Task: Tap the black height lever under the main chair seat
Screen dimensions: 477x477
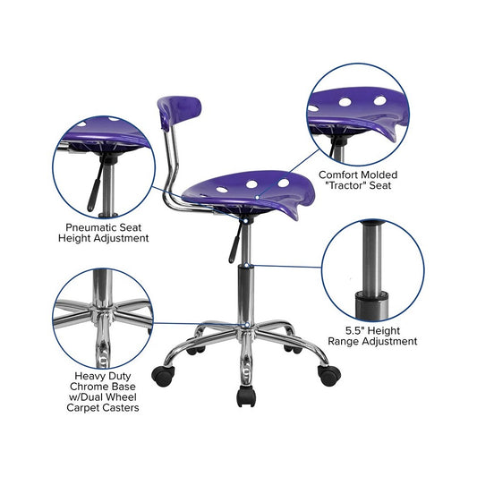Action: click(234, 243)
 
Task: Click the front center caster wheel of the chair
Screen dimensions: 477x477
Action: click(246, 396)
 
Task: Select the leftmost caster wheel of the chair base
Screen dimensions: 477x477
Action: click(163, 376)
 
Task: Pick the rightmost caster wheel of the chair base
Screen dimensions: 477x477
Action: click(328, 375)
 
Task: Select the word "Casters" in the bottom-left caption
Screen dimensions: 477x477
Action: click(121, 407)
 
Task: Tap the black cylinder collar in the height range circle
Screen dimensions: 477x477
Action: click(371, 305)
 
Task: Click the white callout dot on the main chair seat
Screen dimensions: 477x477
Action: click(258, 198)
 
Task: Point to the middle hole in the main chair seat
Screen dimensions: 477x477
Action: click(251, 184)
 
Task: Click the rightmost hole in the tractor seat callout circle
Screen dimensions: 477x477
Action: click(380, 100)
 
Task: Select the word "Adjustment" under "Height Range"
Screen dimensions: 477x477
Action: click(389, 341)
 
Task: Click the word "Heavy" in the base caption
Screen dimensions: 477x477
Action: click(89, 376)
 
